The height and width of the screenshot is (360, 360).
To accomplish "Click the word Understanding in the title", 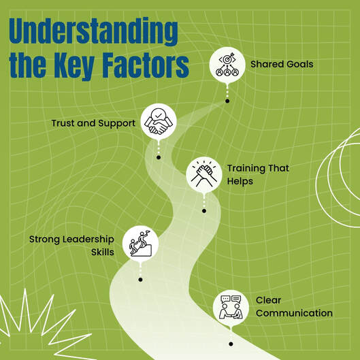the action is click(x=93, y=31).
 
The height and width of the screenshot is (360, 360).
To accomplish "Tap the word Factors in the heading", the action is click(x=146, y=65).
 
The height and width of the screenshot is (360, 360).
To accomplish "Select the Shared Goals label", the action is click(x=282, y=64).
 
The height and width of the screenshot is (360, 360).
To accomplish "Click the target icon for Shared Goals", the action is click(x=227, y=65).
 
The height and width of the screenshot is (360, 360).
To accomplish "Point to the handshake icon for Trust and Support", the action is click(x=159, y=121).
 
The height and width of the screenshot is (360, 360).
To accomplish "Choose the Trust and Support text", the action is click(x=93, y=123).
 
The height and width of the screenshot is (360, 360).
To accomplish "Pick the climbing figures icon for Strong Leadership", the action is click(x=140, y=244).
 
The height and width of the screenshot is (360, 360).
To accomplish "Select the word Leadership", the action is click(x=88, y=240).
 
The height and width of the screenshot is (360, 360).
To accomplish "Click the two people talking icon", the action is click(x=231, y=307).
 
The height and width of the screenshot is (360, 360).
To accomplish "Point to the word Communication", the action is click(x=294, y=313).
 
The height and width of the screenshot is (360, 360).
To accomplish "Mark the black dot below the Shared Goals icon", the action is click(x=227, y=101).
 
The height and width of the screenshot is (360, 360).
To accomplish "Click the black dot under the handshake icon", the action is click(x=159, y=157).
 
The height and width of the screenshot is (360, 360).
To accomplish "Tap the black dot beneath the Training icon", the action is click(x=204, y=211).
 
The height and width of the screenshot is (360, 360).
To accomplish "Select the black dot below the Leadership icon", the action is click(x=140, y=280).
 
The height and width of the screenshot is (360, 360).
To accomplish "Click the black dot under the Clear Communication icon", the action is click(x=231, y=344).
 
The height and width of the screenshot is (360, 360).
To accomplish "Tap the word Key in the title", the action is click(x=74, y=67).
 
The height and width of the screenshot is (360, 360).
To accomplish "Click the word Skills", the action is click(x=103, y=252).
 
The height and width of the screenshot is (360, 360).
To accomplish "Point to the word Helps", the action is click(x=240, y=182).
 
